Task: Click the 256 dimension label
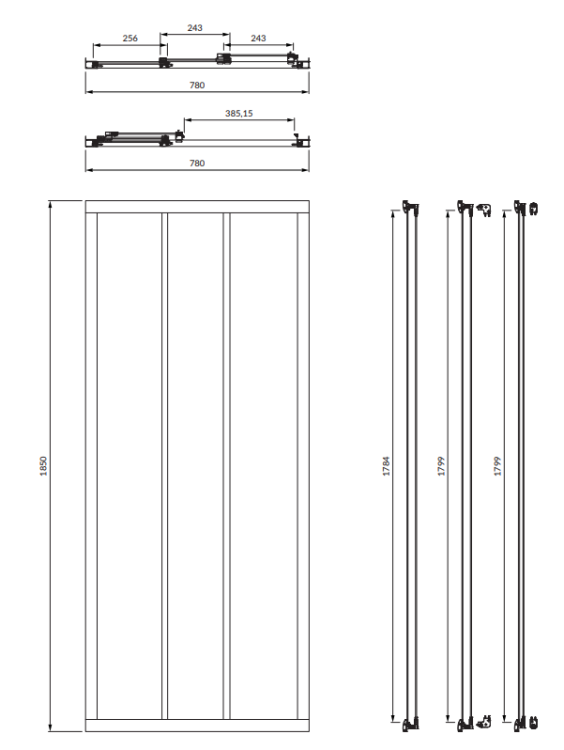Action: [130, 38]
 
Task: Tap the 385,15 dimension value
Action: [239, 114]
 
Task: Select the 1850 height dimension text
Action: [44, 466]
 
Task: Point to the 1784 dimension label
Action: [387, 466]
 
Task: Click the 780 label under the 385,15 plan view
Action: [197, 163]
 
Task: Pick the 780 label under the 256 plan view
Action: [197, 85]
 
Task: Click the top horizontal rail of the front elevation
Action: [197, 207]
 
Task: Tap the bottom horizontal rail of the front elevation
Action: [197, 725]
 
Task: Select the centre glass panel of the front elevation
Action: [195, 466]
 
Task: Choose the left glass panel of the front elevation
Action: [129, 466]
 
